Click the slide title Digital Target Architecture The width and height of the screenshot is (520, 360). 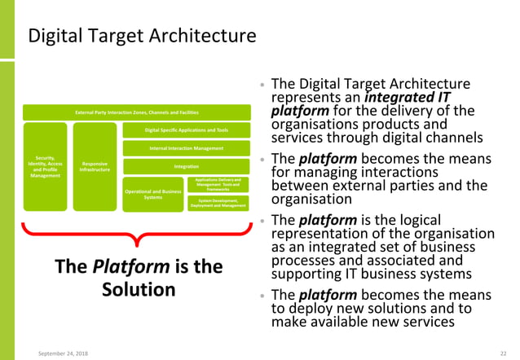coord(142,37)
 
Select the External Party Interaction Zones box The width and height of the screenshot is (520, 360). coord(136,112)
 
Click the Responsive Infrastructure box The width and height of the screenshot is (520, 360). coord(95,167)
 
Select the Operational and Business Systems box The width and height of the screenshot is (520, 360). coord(152,194)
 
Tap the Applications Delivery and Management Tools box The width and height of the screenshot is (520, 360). coord(218,184)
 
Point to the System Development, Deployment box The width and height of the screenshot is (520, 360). coord(218,203)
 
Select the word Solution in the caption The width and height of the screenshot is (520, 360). coord(138,289)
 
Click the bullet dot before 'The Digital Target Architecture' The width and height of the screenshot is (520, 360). coord(260,85)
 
